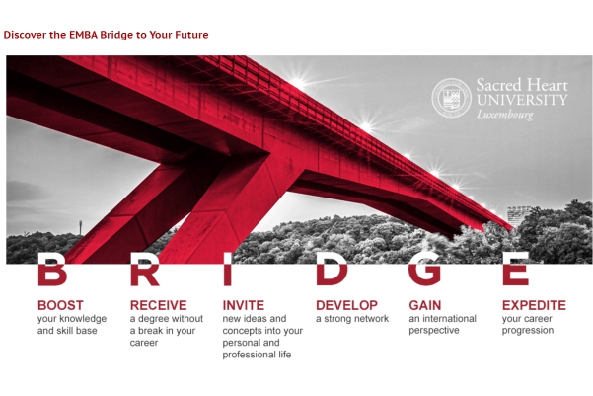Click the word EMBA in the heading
[x=83, y=35]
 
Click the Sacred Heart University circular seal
[x=451, y=98]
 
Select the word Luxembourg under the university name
[x=505, y=115]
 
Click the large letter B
[x=52, y=270]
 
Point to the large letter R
[x=144, y=270]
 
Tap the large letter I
[x=227, y=270]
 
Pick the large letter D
[x=332, y=270]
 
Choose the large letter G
[x=424, y=270]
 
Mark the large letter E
[x=515, y=270]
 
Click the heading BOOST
[x=60, y=305]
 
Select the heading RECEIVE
[x=159, y=305]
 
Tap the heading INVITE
[x=244, y=305]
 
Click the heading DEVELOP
[x=346, y=305]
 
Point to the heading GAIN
[x=425, y=305]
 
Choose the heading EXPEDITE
[x=534, y=305]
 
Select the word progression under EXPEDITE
[x=528, y=331]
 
